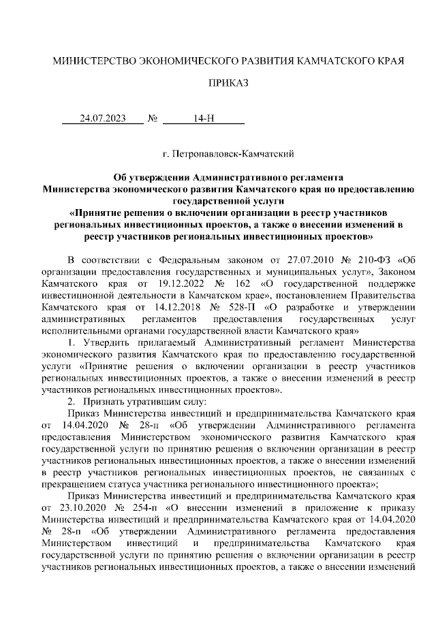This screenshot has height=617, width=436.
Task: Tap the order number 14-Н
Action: pos(203,118)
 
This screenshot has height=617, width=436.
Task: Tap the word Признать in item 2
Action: pos(108,402)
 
